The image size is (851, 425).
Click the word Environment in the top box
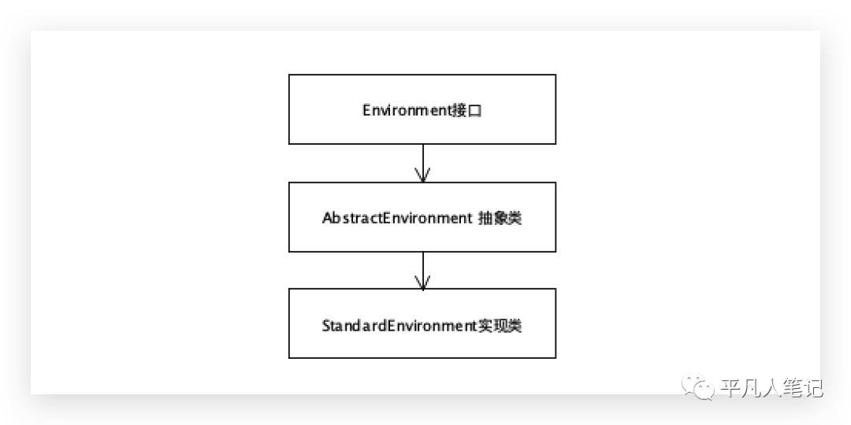coord(405,110)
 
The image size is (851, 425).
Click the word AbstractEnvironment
coord(396,218)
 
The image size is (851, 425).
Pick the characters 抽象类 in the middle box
coord(500,218)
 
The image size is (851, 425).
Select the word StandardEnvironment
coord(399,325)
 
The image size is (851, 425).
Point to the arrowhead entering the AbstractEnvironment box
coord(423,176)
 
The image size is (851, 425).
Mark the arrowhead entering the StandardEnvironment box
coord(423,283)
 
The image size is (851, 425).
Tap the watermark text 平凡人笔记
coord(771,387)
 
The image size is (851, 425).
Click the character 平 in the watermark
coord(729,387)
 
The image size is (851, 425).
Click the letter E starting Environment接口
coord(366,110)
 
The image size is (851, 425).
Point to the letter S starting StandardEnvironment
coord(326,325)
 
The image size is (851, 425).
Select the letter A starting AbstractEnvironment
coord(327,218)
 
